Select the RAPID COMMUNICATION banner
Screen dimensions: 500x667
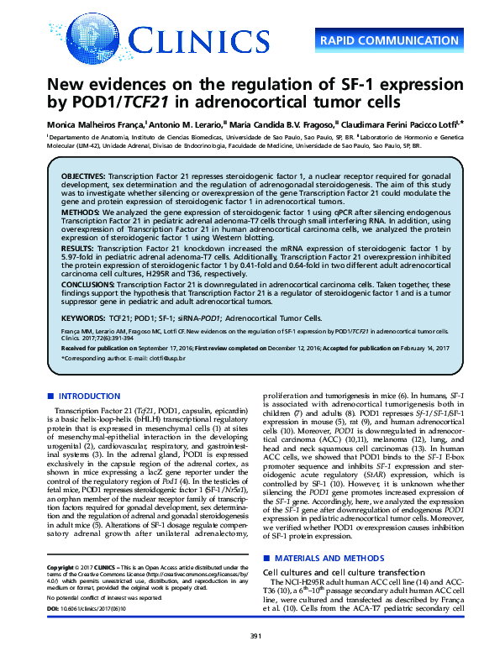pyautogui.click(x=392, y=39)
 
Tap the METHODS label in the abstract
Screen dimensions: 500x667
pyautogui.click(x=80, y=213)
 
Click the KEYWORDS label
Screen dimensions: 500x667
pyautogui.click(x=82, y=319)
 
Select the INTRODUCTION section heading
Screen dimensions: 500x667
pyautogui.click(x=90, y=396)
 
